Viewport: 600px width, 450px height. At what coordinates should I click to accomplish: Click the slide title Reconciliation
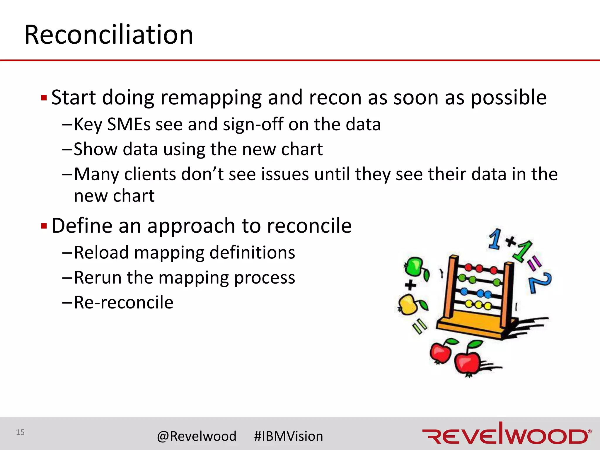[109, 35]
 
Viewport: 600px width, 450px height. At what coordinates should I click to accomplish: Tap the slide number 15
[20, 432]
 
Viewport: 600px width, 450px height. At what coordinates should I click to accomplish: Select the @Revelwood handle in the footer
[197, 436]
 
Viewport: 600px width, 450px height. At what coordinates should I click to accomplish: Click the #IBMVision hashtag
[289, 436]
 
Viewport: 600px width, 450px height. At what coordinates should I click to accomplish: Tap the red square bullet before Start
[44, 98]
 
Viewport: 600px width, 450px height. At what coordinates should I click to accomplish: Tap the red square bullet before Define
[44, 226]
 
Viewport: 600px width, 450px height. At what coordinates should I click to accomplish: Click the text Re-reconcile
[124, 302]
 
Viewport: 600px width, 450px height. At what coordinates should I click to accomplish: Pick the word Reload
[101, 253]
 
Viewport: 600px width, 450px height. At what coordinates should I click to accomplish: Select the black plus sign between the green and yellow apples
[410, 285]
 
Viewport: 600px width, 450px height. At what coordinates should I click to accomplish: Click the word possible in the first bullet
[508, 98]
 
